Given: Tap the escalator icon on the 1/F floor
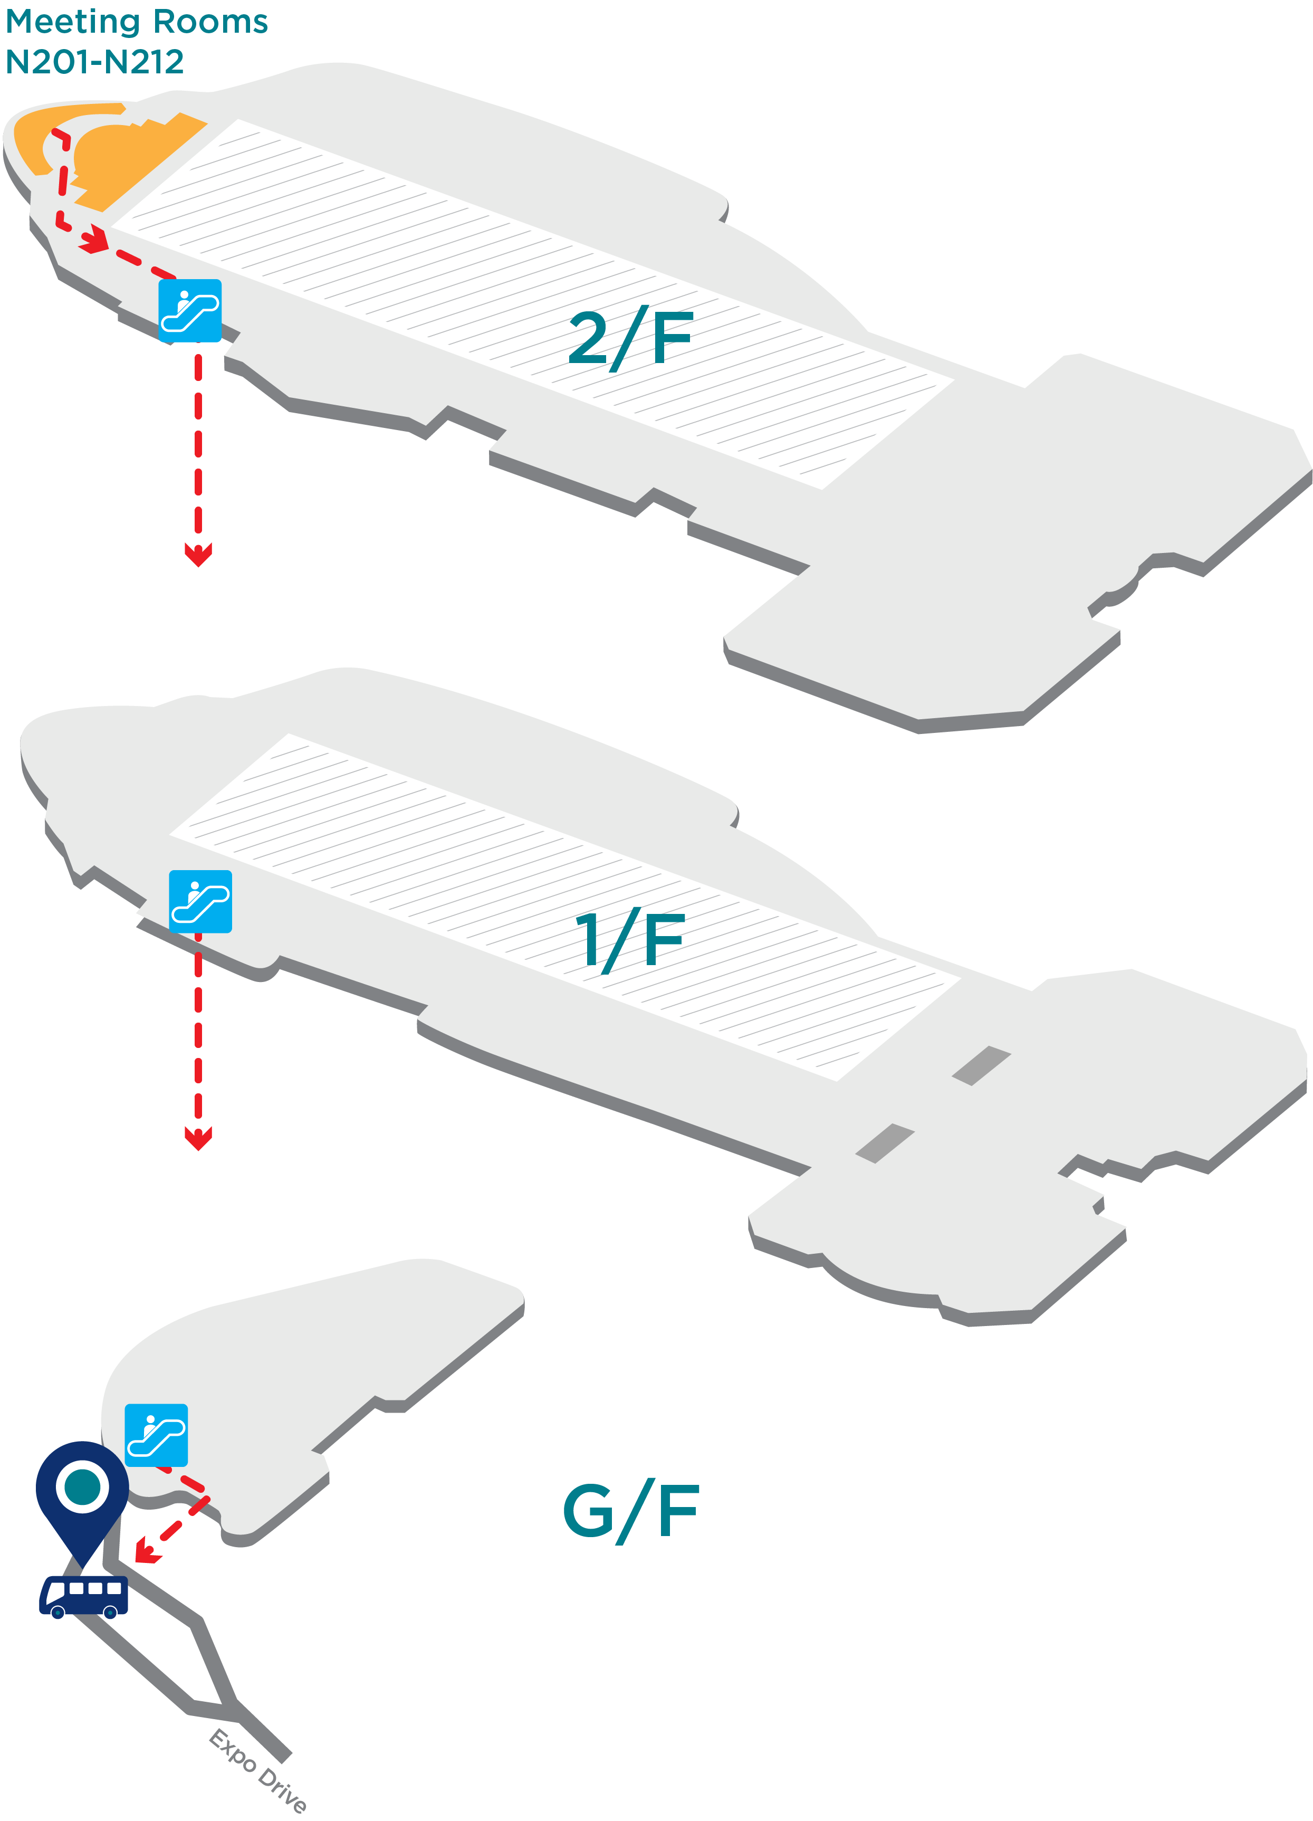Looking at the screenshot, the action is pos(200,902).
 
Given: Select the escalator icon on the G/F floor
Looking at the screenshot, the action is pos(157,1436).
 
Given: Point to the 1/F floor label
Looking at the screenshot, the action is pos(630,939).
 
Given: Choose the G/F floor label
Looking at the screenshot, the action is pos(631,1512).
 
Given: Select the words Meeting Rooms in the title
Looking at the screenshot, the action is pos(137,22).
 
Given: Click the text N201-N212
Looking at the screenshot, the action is pos(95,62).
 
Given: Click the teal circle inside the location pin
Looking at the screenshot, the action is pos(83,1486).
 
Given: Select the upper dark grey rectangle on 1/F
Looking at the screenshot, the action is pos(981,1065).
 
